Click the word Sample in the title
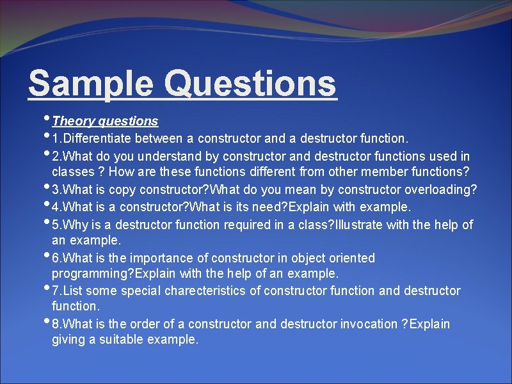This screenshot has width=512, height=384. (90, 84)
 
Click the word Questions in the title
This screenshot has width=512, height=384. (250, 84)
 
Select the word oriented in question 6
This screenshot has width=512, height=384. (351, 259)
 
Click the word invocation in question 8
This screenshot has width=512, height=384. (365, 324)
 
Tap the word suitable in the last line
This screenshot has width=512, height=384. (122, 340)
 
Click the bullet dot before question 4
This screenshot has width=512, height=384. (47, 204)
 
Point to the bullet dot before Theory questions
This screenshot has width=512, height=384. (47, 118)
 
